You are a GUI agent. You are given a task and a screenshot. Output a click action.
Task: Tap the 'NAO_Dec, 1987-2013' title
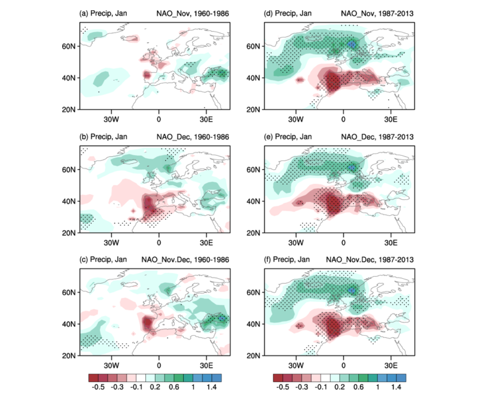377,137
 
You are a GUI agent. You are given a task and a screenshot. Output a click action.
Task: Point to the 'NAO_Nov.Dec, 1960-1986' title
185,260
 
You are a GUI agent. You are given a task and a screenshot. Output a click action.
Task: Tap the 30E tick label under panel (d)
391,118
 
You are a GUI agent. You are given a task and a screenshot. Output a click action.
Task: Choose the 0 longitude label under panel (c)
159,364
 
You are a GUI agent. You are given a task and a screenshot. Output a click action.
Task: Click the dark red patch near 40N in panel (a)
147,75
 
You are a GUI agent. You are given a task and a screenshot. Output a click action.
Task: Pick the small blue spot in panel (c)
222,318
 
